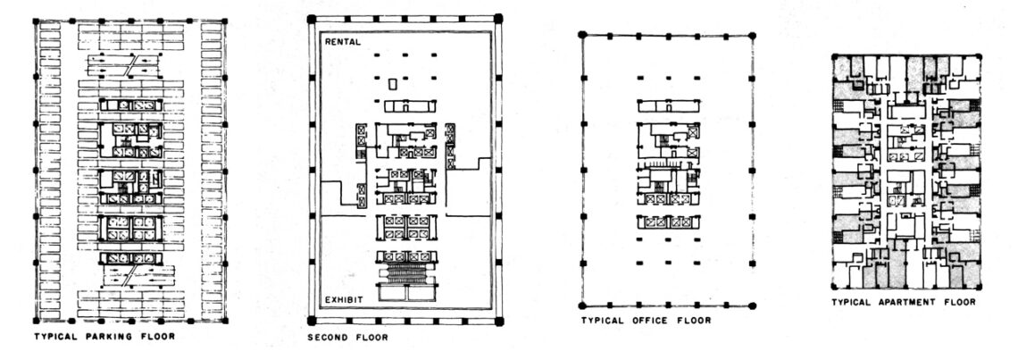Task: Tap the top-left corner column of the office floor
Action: (x=582, y=34)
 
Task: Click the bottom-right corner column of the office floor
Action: (x=753, y=306)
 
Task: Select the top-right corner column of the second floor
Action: (x=498, y=18)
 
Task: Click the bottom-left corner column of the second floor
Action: (x=312, y=321)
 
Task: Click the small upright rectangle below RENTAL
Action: (x=392, y=85)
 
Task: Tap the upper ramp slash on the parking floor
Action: (x=132, y=65)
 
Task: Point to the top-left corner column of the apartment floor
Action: (x=834, y=57)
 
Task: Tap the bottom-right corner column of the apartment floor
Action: (x=979, y=288)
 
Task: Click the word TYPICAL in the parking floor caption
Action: (x=54, y=337)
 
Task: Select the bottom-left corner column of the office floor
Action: (x=582, y=306)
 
